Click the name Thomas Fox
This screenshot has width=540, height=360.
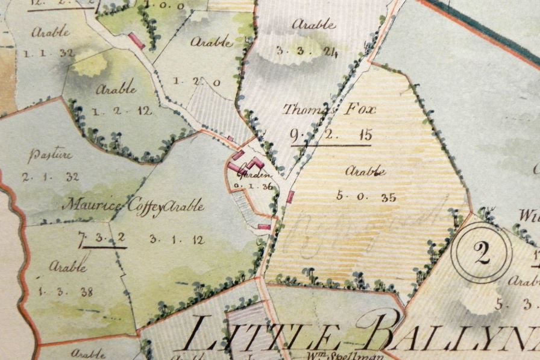[330, 110]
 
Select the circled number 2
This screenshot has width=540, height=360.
[482, 254]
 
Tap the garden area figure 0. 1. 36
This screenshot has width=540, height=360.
[253, 186]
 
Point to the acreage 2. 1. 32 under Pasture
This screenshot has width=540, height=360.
[51, 177]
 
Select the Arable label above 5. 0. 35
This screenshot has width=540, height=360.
[365, 171]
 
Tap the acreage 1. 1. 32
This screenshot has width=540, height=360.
[48, 53]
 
